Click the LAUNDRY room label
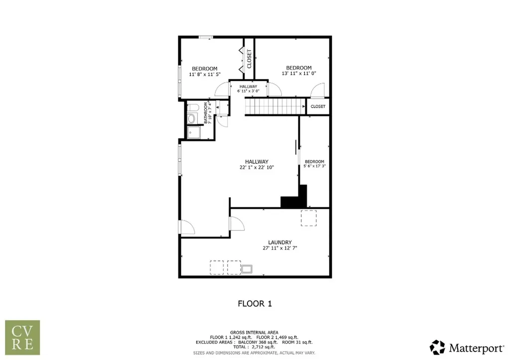coord(280,242)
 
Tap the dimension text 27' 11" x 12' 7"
coord(280,248)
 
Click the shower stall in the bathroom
coord(193,132)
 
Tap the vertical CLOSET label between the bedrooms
coord(250,59)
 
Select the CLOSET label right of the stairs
coord(318,107)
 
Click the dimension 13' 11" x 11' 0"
coord(299,73)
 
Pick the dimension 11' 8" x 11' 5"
coord(205,74)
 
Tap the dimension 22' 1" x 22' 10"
coord(257,167)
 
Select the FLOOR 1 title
coord(255,303)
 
